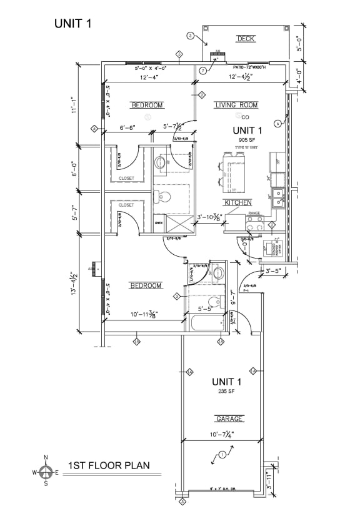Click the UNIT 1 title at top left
point(73,24)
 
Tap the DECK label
point(246,39)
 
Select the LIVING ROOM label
point(236,105)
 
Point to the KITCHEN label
point(237,202)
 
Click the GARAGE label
point(229,418)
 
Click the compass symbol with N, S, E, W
point(45,472)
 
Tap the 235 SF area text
point(226,391)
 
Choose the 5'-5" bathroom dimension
point(205,309)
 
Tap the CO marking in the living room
point(246,117)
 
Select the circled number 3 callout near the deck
point(190,35)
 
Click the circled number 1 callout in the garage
point(221,455)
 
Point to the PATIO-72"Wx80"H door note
point(249,67)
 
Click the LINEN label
point(159,222)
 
